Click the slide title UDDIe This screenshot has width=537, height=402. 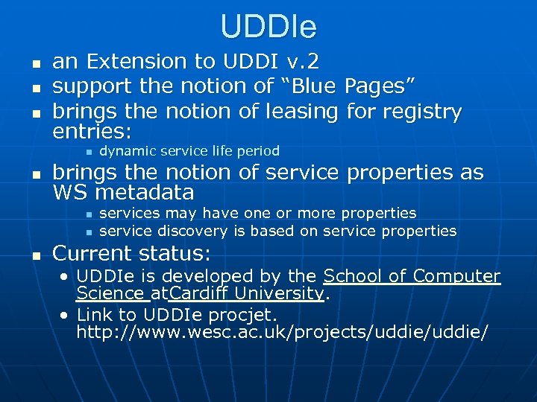click(x=268, y=28)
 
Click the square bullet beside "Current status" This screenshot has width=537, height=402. click(x=34, y=255)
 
